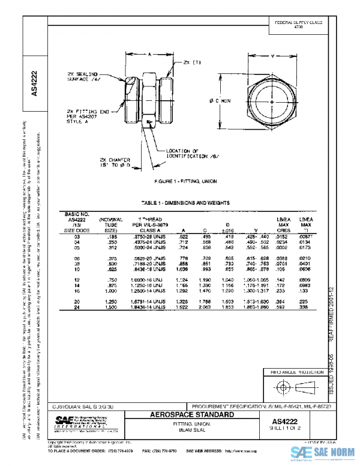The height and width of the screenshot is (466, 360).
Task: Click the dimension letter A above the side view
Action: click(x=149, y=54)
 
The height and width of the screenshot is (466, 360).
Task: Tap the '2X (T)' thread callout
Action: click(x=191, y=62)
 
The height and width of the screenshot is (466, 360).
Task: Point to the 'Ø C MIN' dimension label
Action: click(x=220, y=101)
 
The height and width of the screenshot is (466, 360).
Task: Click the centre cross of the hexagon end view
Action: click(x=273, y=103)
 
